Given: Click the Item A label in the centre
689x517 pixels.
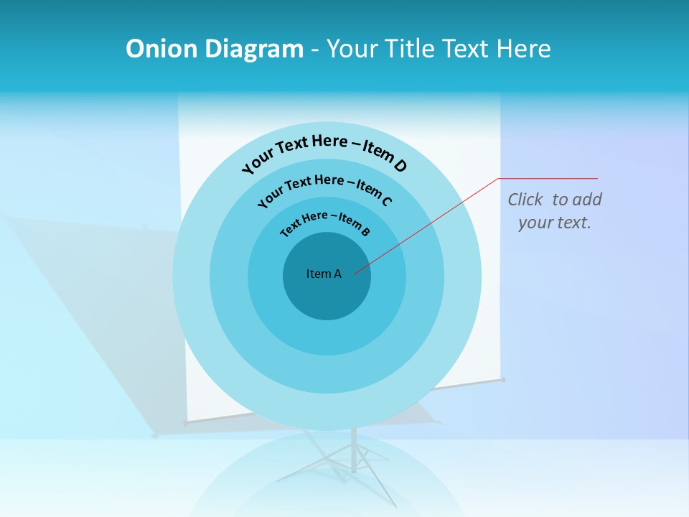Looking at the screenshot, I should coord(324,274).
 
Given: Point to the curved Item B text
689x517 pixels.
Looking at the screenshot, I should coord(325,222).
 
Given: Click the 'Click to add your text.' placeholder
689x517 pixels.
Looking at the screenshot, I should coord(555,211).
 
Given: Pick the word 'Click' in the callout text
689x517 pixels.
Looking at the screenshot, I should coord(525,200).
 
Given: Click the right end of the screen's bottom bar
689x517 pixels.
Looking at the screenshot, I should coord(502,380).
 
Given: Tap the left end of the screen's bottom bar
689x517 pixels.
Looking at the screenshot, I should coord(187,423).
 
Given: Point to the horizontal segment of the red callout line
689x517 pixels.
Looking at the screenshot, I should coord(548,178).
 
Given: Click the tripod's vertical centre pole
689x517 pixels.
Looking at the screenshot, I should coord(353,449).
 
